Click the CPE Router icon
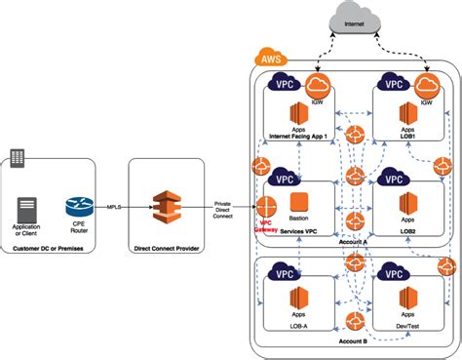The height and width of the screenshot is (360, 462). [76, 207]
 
